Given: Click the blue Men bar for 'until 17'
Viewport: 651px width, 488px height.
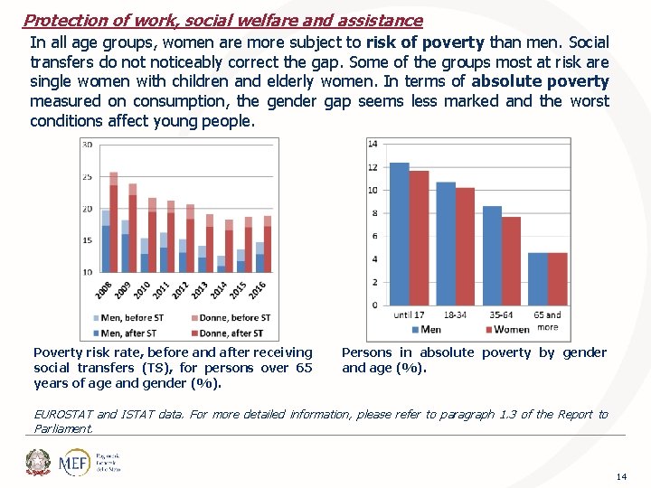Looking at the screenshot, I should [399, 235].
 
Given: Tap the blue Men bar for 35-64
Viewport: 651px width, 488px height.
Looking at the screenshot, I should [492, 256].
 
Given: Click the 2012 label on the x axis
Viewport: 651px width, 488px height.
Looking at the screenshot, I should [180, 289].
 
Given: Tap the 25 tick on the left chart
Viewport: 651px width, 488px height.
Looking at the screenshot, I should [87, 177].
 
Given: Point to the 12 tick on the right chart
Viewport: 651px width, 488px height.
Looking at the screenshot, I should [373, 167].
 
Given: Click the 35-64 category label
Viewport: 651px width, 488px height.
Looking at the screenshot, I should [501, 315].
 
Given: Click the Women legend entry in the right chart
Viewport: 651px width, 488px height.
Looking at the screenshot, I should [507, 330].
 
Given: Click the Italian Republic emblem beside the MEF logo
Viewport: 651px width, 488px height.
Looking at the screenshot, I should [38, 462].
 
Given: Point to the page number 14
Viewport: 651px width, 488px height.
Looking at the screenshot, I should [620, 475].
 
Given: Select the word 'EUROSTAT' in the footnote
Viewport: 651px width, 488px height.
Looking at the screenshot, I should [62, 414].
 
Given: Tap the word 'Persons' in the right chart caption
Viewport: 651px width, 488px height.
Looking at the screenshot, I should [366, 352].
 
